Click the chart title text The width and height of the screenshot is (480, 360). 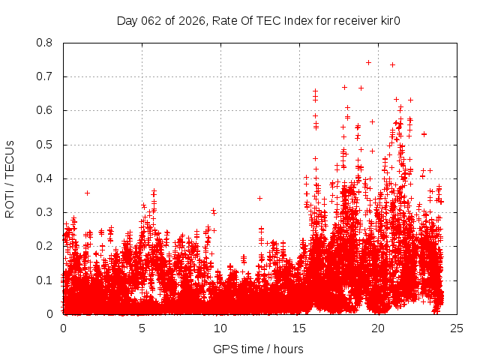click(258, 20)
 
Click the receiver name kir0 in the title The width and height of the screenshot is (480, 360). click(388, 20)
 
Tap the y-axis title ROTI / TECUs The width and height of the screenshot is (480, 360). click(10, 178)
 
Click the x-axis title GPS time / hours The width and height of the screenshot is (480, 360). click(258, 349)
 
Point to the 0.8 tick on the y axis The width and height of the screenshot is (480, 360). click(46, 43)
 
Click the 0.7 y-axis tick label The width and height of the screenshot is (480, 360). click(46, 76)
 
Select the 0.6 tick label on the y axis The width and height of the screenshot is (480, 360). click(46, 110)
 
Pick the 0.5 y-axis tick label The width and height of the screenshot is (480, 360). click(46, 145)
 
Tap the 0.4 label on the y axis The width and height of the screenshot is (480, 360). click(46, 178)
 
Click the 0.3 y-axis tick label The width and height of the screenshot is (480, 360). click(46, 212)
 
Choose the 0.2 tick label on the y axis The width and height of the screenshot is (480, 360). click(46, 246)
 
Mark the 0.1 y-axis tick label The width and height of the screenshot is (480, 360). click(46, 280)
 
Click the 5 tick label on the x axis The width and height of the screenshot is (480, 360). click(142, 328)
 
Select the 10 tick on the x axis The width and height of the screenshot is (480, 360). click(220, 328)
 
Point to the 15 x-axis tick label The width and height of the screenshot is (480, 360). click(299, 328)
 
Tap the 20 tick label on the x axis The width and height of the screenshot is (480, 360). click(378, 328)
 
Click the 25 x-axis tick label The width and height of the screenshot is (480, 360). click(457, 328)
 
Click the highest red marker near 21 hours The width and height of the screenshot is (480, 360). click(392, 64)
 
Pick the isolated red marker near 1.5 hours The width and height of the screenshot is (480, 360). click(87, 193)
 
